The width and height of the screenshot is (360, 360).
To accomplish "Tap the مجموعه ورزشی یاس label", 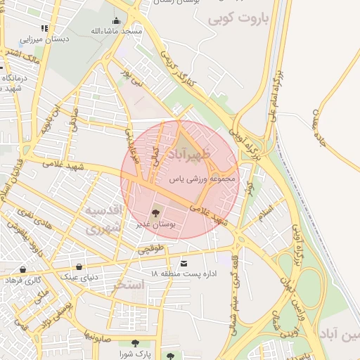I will (205, 180).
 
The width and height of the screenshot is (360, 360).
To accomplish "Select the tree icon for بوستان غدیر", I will (157, 211).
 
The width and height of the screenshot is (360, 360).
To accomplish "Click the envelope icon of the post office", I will (184, 263).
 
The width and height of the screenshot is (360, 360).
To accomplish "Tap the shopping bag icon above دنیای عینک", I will (79, 266).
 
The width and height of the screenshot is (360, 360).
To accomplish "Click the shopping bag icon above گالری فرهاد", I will (23, 269).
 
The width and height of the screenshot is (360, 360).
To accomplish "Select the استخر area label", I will (128, 285).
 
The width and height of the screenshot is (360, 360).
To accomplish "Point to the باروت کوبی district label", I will (239, 18).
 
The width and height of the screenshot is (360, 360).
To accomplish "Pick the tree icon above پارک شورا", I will (135, 343).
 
